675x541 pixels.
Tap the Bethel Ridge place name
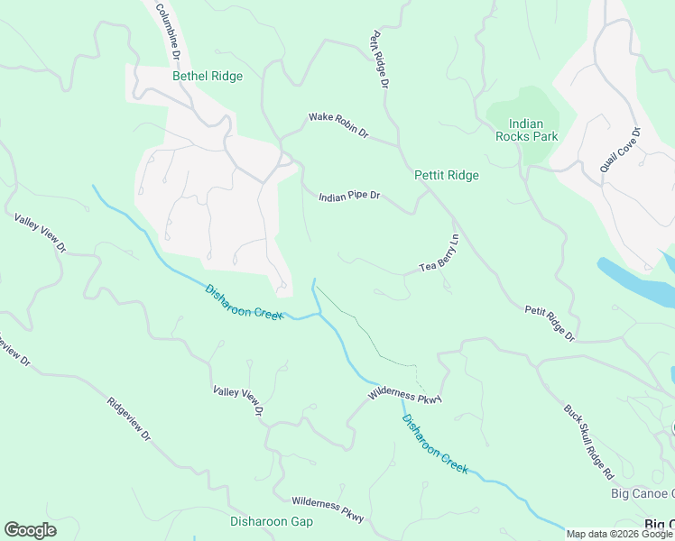point(208,77)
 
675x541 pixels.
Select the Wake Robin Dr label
point(338,124)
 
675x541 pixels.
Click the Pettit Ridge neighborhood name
point(446,175)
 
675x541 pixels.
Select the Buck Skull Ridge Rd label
point(588,439)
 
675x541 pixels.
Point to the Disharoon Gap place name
point(271,521)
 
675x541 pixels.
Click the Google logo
point(30,530)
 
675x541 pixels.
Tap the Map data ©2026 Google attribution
point(619,534)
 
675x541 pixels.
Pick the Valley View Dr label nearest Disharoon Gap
point(237,400)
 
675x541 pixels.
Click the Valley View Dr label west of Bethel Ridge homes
point(41,233)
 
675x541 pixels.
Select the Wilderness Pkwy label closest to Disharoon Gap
point(328,509)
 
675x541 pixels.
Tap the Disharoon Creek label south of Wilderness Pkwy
point(435,444)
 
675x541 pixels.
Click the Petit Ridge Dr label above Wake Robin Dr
point(379,60)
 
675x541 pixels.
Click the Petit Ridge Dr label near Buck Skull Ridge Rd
point(550,323)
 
